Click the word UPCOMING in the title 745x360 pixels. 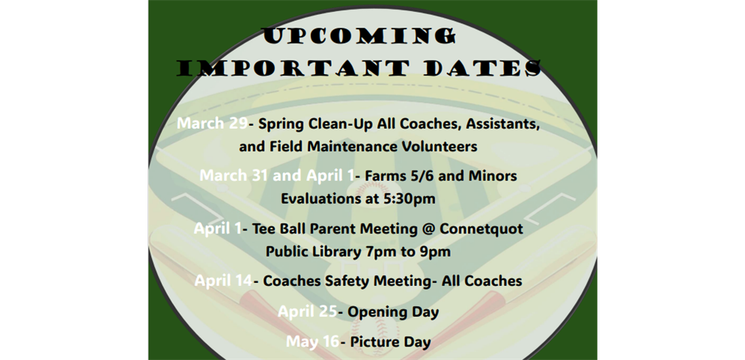coord(359,35)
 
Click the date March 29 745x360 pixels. coord(212,123)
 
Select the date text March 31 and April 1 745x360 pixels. coord(276,176)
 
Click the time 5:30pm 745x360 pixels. coord(410,199)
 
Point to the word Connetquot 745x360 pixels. coord(483,228)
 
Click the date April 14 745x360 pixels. coord(223,281)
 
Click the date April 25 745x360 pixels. coord(307,311)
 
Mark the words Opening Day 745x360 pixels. coord(392,311)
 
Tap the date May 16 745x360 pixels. coord(311,342)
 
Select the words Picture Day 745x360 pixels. coord(389,342)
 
